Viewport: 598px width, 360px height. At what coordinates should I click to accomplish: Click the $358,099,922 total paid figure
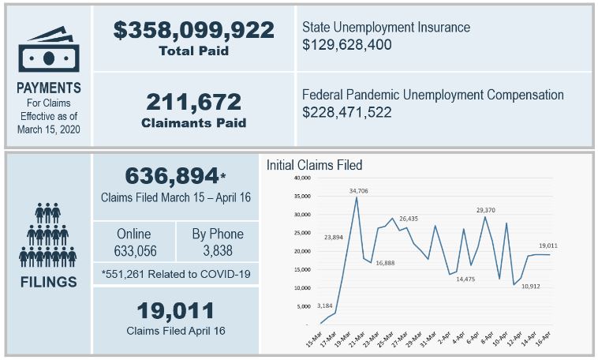pos(193,30)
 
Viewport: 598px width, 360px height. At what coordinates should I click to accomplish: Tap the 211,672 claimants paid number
pos(193,101)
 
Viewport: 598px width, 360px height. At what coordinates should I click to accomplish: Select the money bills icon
pos(49,49)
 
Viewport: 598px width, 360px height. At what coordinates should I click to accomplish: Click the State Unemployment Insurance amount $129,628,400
pos(346,45)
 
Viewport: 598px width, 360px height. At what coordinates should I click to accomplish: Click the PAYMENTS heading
pos(49,88)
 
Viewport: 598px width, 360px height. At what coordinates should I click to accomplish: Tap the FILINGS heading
pos(49,281)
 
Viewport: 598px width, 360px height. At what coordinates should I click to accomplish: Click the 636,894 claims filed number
pos(173,175)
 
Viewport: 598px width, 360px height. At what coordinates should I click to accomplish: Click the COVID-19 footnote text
pos(175,274)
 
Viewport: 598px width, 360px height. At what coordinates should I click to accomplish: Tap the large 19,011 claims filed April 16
pos(175,309)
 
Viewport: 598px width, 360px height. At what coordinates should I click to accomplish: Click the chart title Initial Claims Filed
pos(314,165)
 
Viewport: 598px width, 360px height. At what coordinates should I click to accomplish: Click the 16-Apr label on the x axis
pos(544,338)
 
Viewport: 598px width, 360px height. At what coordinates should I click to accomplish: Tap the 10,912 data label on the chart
pos(531,287)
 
